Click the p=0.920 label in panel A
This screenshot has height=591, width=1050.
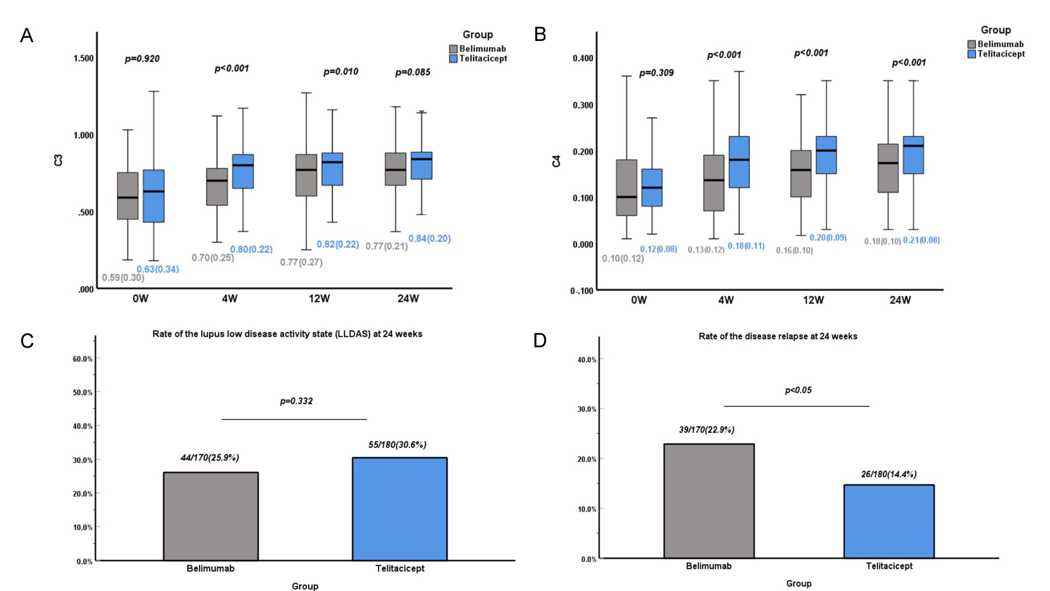142,59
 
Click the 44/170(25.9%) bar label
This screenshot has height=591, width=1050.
209,458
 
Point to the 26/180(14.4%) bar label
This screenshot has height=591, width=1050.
888,474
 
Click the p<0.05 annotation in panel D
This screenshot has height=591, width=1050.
798,390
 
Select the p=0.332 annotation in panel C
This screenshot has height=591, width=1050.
296,401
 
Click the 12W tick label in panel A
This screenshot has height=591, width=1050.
319,298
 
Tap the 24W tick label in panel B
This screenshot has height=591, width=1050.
900,300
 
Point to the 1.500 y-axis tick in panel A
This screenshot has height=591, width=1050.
83,58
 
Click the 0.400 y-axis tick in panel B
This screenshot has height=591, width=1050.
583,58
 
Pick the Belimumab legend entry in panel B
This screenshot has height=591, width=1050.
995,44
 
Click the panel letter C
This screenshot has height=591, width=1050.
27,341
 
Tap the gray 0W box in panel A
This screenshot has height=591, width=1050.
128,195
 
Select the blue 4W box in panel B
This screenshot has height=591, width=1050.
739,162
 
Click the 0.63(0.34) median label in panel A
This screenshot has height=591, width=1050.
157,269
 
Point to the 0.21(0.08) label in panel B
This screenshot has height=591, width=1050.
921,240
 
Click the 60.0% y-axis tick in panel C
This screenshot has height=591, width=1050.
82,359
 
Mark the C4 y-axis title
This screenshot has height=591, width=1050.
556,161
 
